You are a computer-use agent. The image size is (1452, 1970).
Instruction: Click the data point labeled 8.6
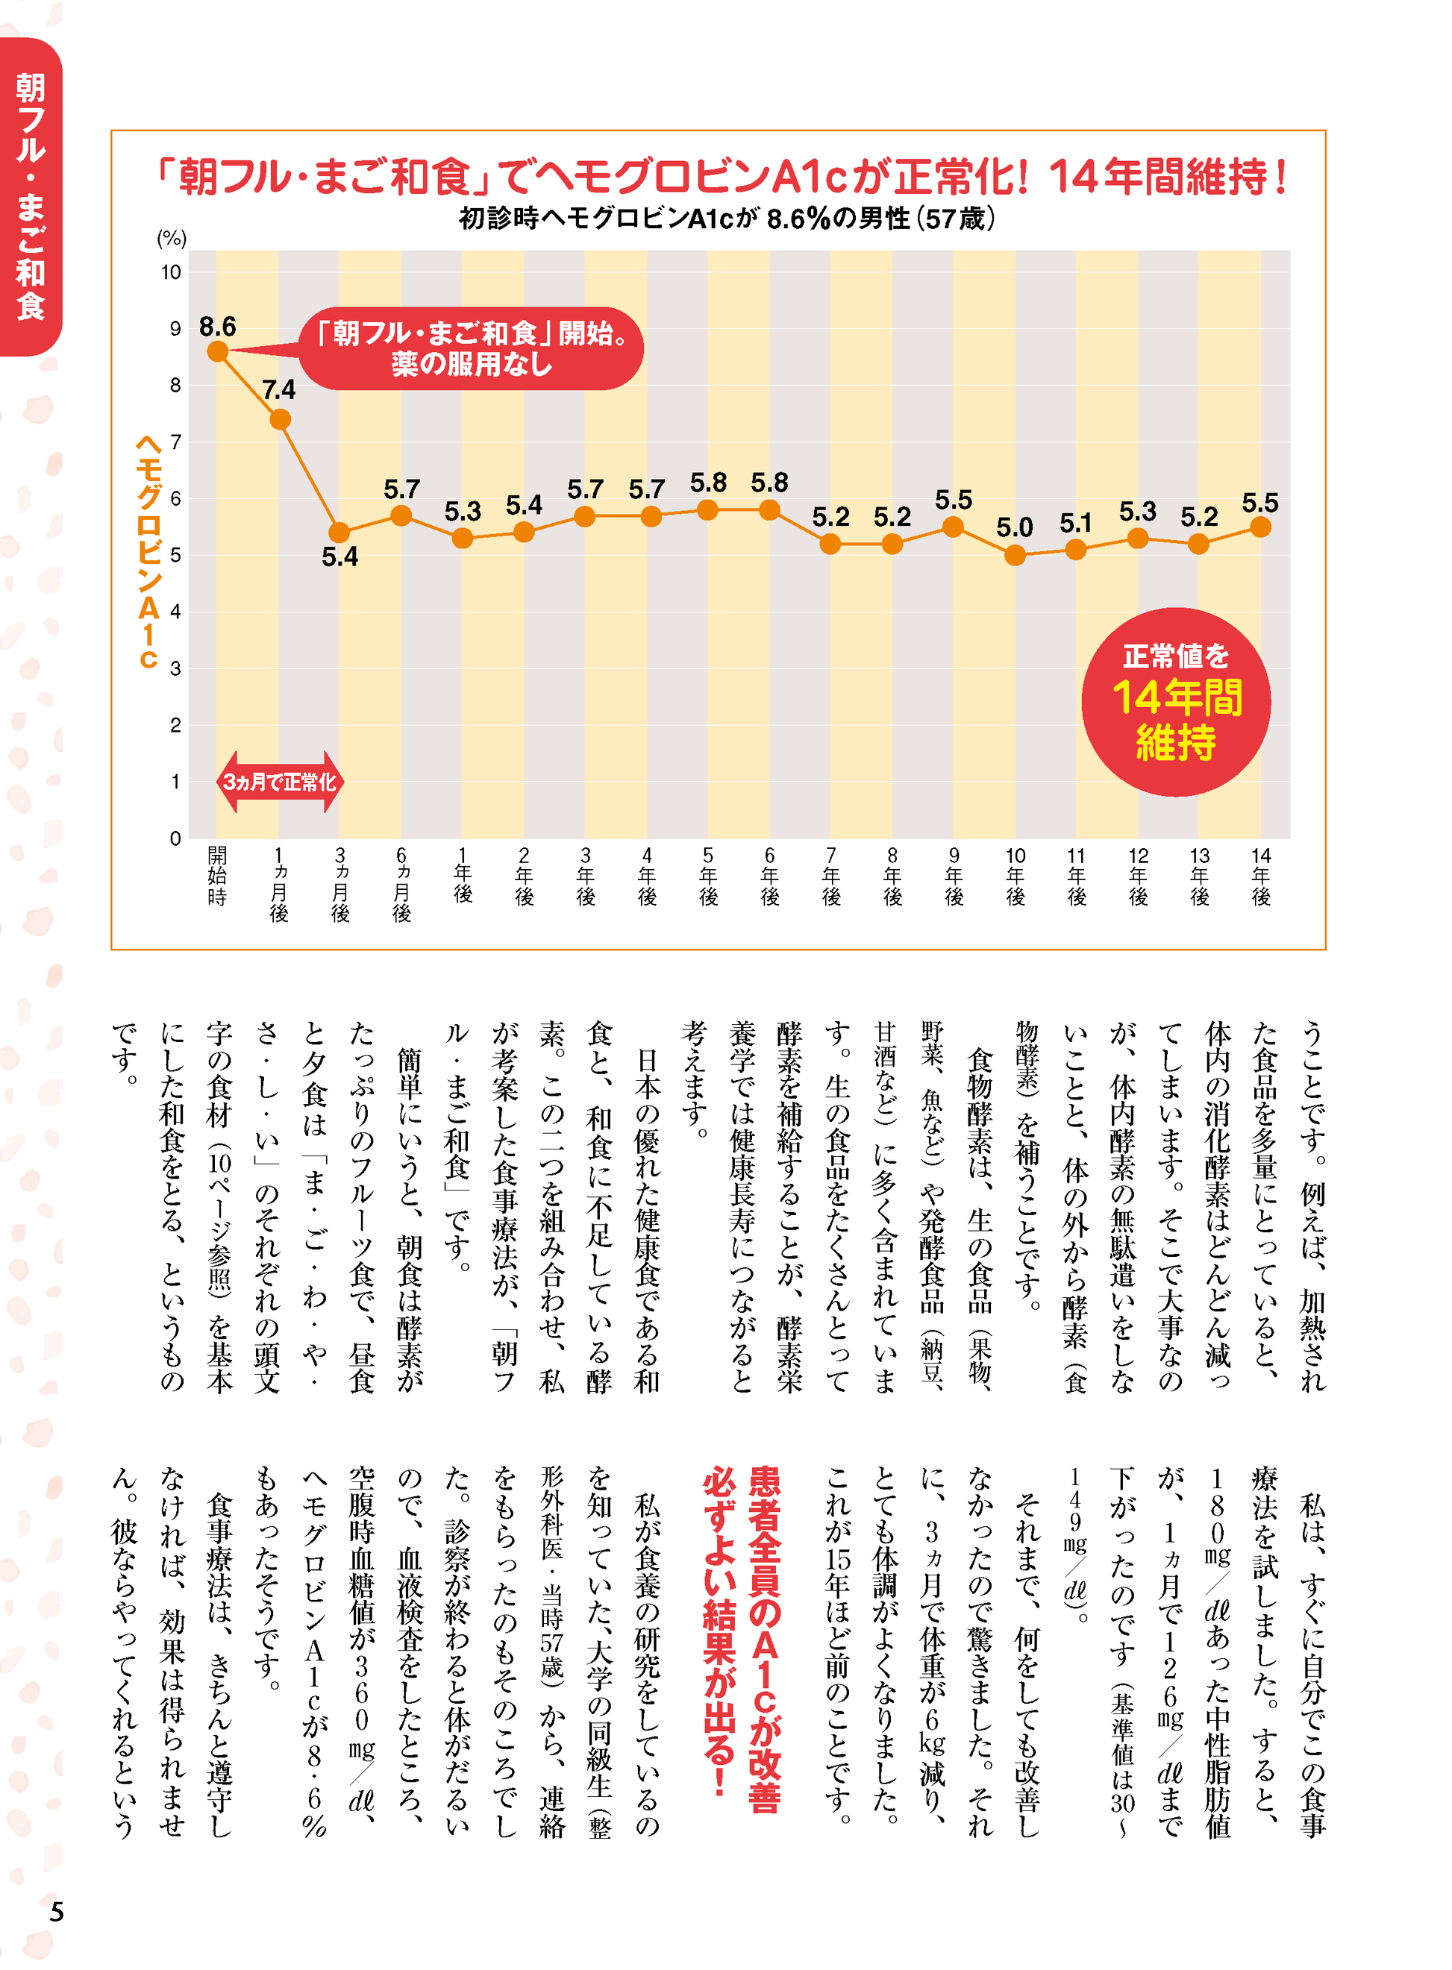218,351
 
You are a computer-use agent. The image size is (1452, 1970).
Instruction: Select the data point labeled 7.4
280,419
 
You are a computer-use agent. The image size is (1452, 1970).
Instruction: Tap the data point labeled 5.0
1014,554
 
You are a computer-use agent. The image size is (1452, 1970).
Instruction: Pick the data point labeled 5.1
1075,549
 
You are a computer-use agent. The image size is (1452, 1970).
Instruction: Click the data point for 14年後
1259,527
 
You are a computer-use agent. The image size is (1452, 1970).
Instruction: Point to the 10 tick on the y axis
172,272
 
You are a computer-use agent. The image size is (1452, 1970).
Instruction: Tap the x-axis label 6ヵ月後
401,883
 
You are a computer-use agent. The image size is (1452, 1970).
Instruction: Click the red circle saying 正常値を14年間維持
1175,701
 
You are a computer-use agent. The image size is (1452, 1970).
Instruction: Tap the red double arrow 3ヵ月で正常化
280,781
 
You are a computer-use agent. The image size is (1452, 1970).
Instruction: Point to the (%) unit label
172,238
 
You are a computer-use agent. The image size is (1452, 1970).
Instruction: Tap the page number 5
56,1911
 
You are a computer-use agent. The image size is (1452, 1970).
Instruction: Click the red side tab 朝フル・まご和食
31,197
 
